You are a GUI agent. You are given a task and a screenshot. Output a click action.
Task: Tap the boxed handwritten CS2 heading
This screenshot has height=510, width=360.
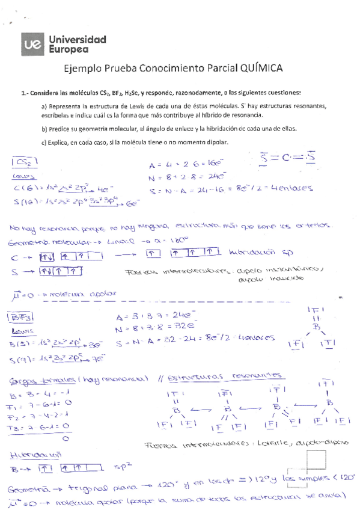[25, 162]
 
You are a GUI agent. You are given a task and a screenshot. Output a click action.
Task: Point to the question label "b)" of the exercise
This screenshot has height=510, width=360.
[44, 129]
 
